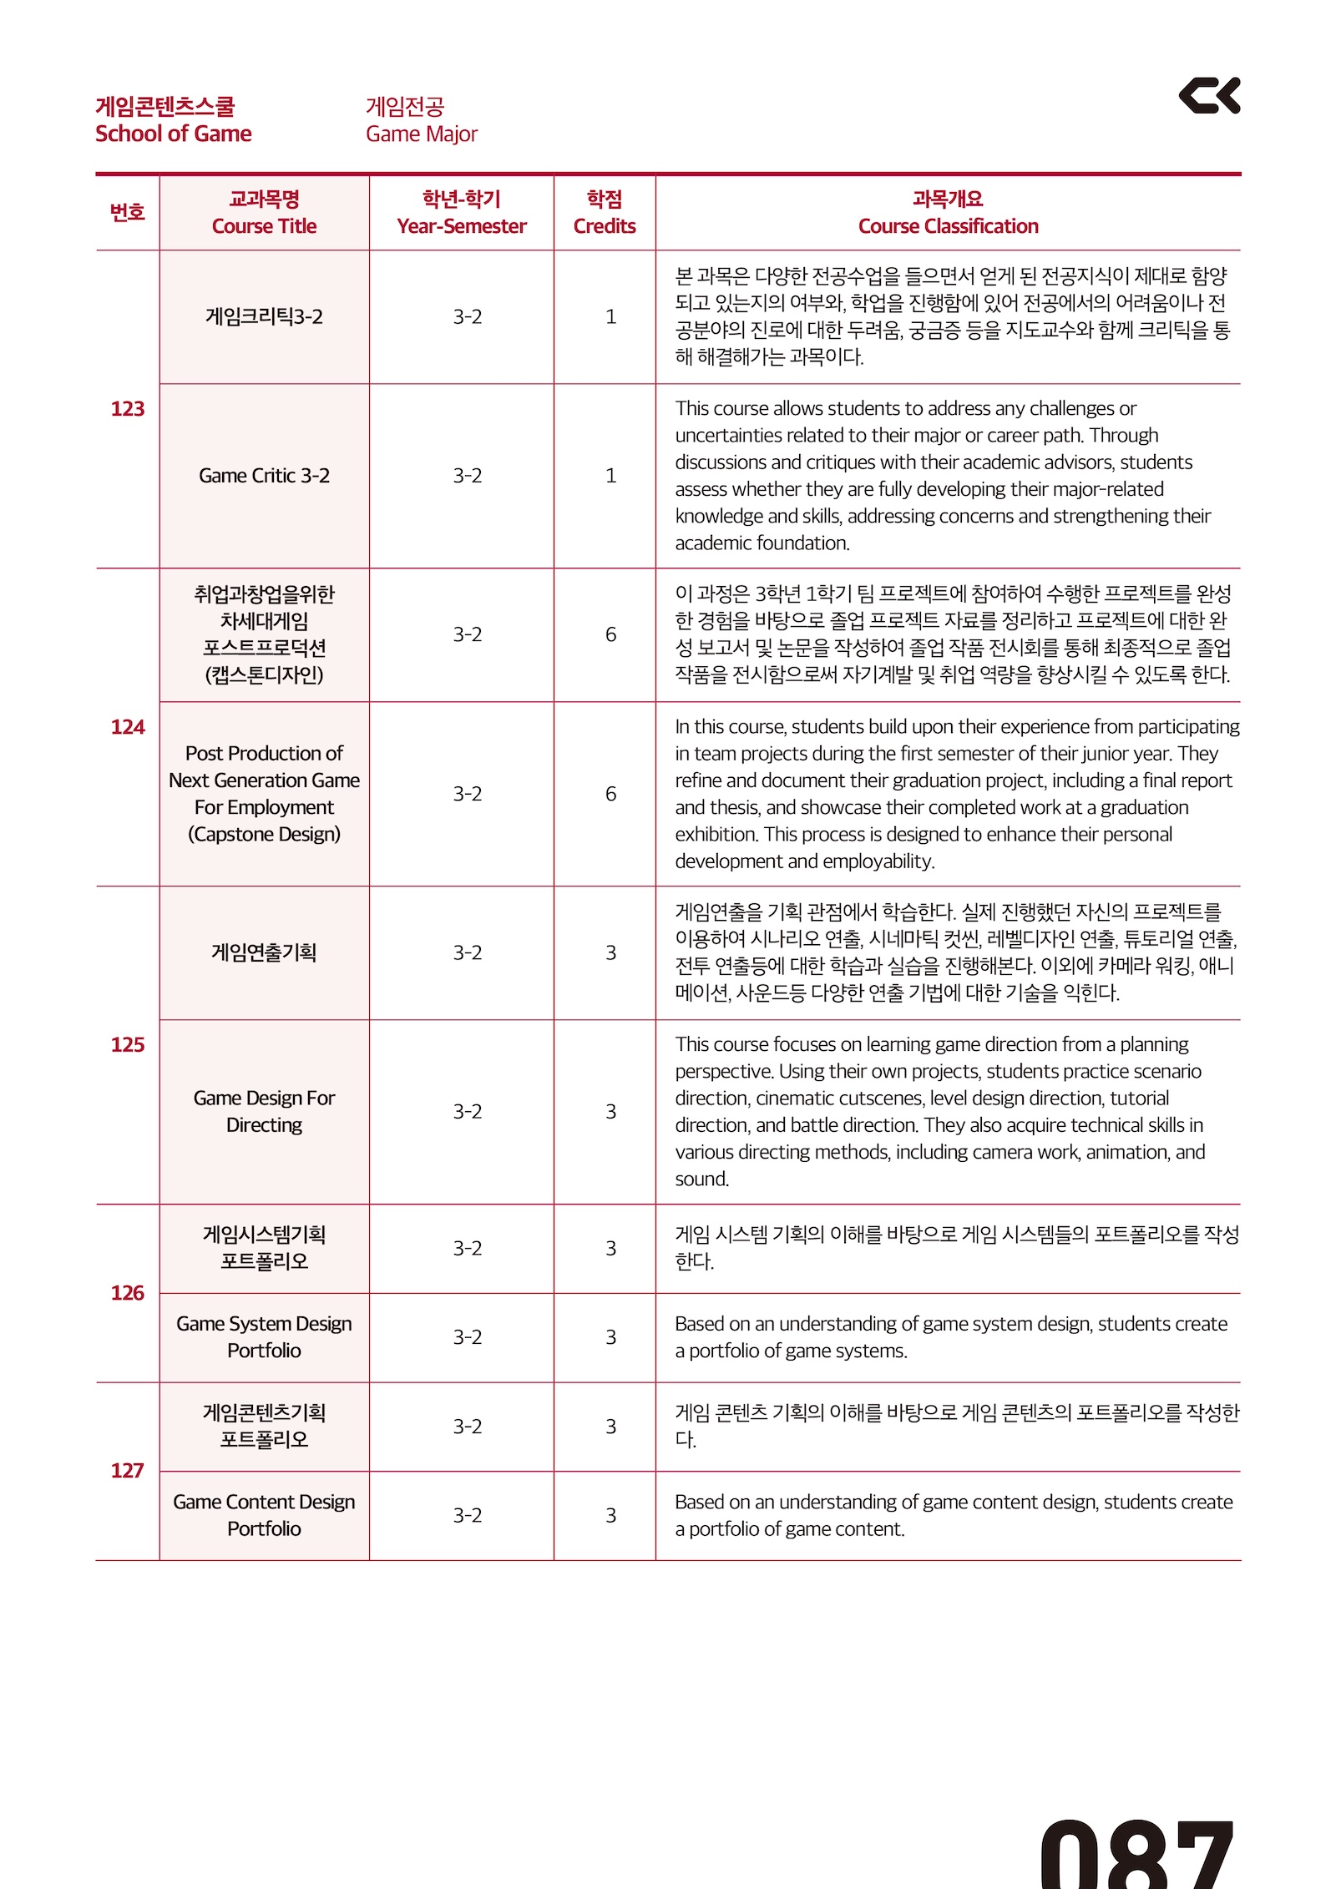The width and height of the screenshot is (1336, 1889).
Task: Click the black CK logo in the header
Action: click(1209, 95)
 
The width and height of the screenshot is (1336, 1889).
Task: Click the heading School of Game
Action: click(173, 134)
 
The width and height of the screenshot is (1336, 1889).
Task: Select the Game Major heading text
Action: click(421, 134)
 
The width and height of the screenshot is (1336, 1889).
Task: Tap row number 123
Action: click(127, 408)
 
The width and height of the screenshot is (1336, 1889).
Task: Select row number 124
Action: click(127, 727)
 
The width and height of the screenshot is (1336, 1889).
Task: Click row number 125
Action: click(127, 1044)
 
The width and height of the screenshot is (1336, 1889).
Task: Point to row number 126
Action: click(127, 1293)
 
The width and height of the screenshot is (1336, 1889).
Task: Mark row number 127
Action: click(127, 1471)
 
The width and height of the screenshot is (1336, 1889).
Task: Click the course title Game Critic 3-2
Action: click(264, 476)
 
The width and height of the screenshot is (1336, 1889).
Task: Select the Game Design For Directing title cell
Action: click(264, 1111)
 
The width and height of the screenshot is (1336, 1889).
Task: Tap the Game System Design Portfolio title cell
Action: click(264, 1337)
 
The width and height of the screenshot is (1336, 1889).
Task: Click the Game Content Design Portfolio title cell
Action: click(264, 1515)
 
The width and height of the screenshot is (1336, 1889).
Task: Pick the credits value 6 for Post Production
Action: click(610, 794)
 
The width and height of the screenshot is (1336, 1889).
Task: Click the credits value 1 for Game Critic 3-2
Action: click(610, 476)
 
